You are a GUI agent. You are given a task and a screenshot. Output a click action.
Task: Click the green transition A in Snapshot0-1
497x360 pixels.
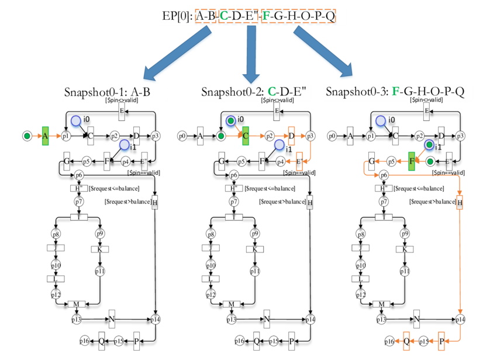[45, 136]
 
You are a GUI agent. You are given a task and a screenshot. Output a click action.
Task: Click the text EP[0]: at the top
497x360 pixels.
[177, 16]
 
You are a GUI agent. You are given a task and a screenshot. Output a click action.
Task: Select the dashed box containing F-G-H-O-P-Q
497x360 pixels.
[299, 16]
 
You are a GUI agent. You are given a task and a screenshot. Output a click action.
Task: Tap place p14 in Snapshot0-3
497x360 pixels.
[460, 319]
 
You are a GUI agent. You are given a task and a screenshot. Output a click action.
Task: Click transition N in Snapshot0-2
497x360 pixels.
[266, 319]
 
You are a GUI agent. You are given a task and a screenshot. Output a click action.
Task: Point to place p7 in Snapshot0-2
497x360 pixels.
[233, 202]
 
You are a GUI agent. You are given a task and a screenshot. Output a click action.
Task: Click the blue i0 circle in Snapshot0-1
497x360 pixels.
[77, 121]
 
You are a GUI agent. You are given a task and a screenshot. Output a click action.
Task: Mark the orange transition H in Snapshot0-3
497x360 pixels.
[460, 203]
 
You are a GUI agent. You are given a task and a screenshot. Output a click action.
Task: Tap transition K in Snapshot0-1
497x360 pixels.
[100, 248]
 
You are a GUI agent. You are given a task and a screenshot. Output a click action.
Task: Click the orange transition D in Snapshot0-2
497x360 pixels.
[291, 136]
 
